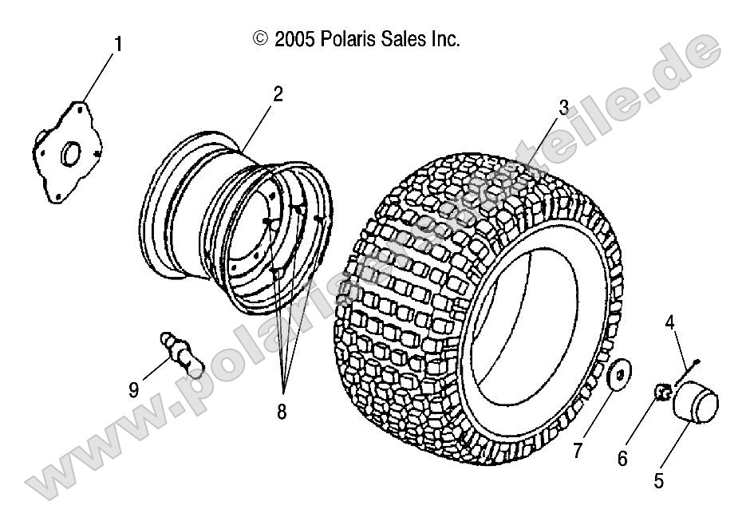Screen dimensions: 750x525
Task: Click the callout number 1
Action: pyautogui.click(x=118, y=44)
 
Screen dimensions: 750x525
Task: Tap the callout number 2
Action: pyautogui.click(x=277, y=94)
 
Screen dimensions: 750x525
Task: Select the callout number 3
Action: pyautogui.click(x=562, y=108)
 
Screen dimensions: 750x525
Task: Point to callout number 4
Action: pyautogui.click(x=670, y=322)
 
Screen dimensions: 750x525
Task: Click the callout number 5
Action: pyautogui.click(x=659, y=480)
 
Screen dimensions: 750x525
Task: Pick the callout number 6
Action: pyautogui.click(x=622, y=458)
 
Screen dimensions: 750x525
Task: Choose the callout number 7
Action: pyautogui.click(x=577, y=451)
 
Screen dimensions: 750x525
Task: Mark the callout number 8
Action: pyautogui.click(x=282, y=412)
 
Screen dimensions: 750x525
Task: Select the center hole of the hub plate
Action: pyautogui.click(x=69, y=150)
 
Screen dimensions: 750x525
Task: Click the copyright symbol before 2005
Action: pyautogui.click(x=259, y=37)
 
